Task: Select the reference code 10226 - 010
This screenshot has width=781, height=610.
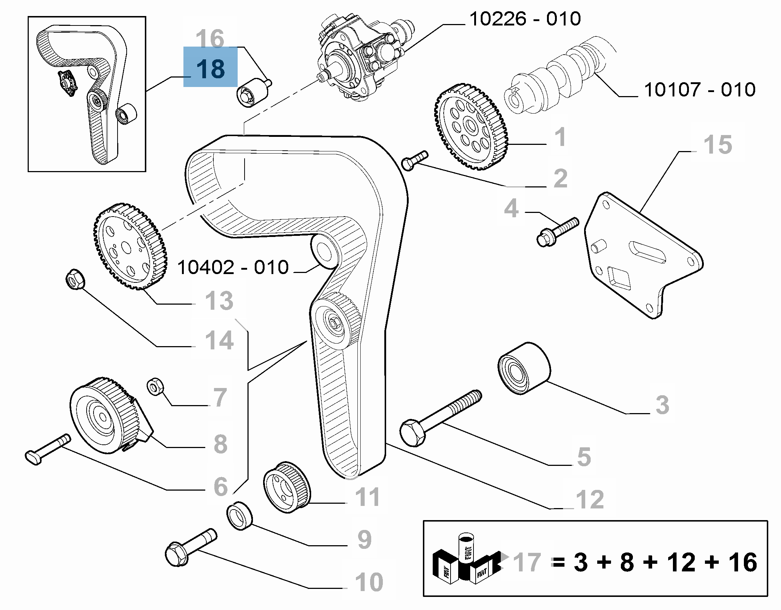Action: click(x=525, y=19)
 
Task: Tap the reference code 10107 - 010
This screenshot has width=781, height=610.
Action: click(x=699, y=90)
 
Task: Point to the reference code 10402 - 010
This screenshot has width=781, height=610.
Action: click(x=233, y=268)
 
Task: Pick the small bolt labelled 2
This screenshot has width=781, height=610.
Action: click(x=415, y=161)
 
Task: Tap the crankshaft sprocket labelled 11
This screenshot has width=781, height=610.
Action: click(x=287, y=487)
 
